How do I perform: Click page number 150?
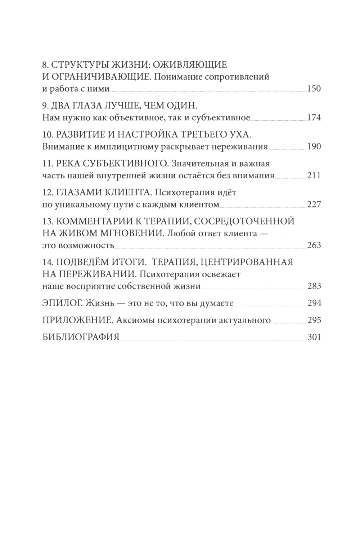tap(314, 89)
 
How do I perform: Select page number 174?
tap(314, 117)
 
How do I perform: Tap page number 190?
tap(314, 146)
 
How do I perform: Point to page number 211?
tap(314, 175)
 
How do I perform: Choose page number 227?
tap(314, 205)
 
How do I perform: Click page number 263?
tap(314, 245)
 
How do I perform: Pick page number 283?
tap(314, 286)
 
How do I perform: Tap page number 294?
tap(314, 303)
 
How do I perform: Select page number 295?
tap(314, 320)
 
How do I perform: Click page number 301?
tap(314, 337)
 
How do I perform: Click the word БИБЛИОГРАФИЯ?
tap(81, 337)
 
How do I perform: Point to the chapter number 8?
tap(45, 65)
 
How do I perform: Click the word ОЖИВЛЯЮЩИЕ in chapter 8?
tap(190, 65)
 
